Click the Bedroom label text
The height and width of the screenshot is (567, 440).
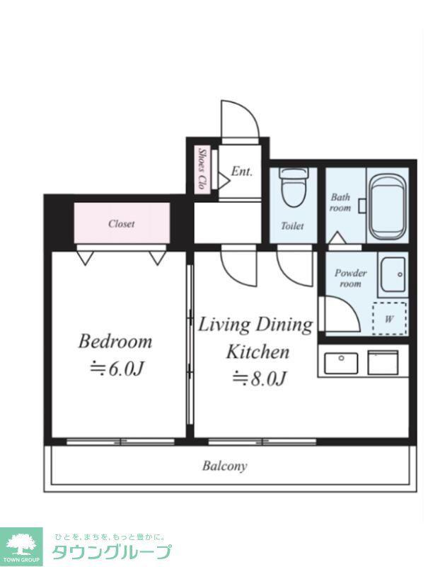click(115, 342)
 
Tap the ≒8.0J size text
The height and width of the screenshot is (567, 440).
click(259, 378)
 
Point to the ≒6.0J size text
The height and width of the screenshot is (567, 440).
click(117, 369)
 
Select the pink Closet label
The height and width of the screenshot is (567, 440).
click(121, 223)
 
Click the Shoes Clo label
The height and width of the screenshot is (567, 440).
click(202, 169)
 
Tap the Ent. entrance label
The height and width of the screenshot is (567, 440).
click(241, 171)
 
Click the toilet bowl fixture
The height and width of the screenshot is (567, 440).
click(294, 187)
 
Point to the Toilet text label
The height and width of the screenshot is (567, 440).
click(292, 226)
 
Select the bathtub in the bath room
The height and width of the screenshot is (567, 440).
click(388, 207)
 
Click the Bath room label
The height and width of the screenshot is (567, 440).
click(340, 203)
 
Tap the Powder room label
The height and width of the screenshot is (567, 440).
click(350, 278)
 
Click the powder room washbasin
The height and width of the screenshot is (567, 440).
click(393, 273)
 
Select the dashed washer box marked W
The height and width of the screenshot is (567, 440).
click(390, 318)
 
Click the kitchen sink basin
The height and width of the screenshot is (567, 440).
click(341, 363)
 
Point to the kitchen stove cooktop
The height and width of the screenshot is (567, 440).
click(383, 362)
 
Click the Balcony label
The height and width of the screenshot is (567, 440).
click(224, 466)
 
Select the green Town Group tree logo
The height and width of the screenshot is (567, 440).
click(21, 546)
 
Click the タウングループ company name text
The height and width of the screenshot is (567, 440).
click(112, 552)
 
